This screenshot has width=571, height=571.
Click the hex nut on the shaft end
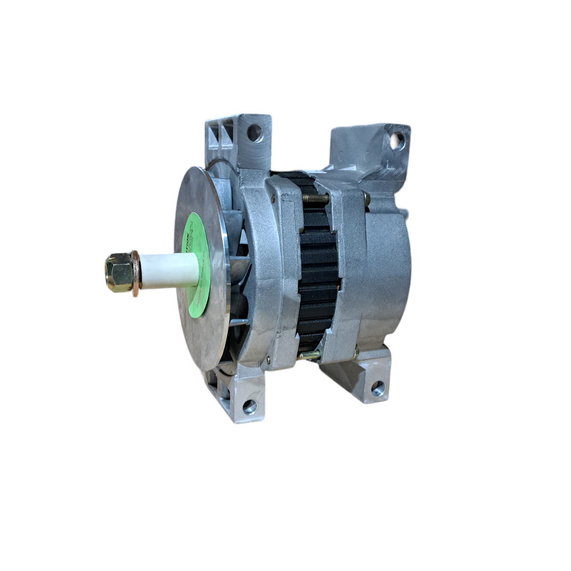click(x=118, y=272)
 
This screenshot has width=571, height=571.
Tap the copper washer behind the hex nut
click(x=136, y=273)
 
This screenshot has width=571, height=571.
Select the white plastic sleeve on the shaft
click(x=168, y=271)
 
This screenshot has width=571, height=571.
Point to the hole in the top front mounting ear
click(x=255, y=133)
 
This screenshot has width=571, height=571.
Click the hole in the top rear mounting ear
click(x=397, y=140)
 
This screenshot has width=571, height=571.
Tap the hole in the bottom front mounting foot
click(x=249, y=406)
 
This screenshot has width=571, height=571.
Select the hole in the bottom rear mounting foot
click(x=378, y=388)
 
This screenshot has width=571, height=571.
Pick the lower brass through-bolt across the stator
click(x=310, y=355)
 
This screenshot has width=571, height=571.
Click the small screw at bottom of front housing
click(x=268, y=360)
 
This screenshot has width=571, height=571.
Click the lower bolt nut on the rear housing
click(x=356, y=353)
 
